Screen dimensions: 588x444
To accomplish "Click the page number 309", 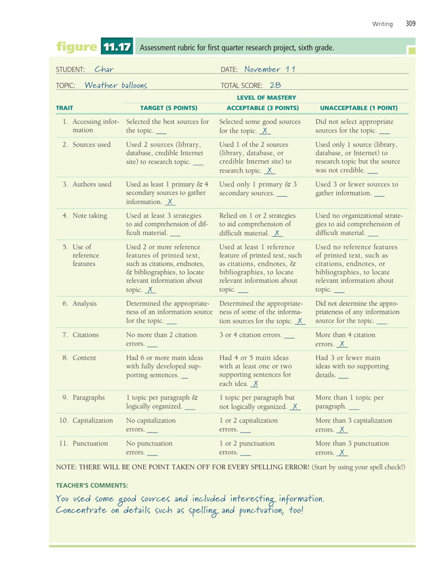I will coord(411,24).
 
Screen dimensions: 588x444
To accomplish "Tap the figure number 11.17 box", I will coord(118,47).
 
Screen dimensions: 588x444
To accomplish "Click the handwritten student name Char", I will coord(104,69).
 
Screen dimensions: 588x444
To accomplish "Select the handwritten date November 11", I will coord(271,69).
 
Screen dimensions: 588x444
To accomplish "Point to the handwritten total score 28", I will coord(275,85).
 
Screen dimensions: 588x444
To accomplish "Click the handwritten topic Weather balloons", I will coord(116,85).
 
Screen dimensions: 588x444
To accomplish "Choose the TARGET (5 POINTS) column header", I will coord(169,108).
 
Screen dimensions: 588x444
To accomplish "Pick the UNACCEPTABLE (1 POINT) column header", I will coord(359,108).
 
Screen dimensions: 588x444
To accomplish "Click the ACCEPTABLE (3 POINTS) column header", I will coord(263,108).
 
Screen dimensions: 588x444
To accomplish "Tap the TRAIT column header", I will coord(64,108).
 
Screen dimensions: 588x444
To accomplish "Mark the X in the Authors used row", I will coord(169,203).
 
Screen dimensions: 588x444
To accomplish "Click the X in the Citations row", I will coord(342,344).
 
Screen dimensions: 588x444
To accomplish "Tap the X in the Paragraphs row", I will coord(295,407).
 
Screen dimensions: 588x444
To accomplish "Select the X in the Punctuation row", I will coord(342,453).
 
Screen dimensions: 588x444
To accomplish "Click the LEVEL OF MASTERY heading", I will coord(267,97).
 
